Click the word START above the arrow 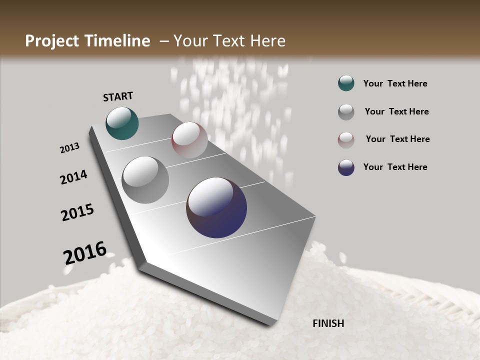point(118,96)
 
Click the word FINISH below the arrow point(328,323)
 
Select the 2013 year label point(69,148)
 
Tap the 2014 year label point(73,177)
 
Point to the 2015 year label point(77,212)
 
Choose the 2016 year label point(85,252)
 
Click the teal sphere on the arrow point(122,123)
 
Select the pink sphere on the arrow point(189,139)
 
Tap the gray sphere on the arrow point(145,179)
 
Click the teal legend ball point(346,83)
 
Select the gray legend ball point(346,112)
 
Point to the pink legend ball point(346,139)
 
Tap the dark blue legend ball point(346,167)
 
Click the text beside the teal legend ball point(395,83)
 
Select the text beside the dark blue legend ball point(395,167)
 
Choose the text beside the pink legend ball point(397,139)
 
